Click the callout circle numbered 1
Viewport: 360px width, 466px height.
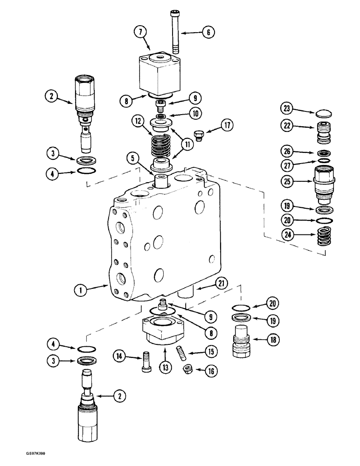(82, 290)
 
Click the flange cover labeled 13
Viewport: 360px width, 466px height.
(163, 333)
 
